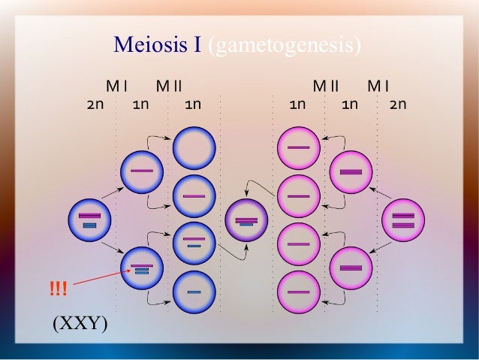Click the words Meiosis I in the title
pyautogui.click(x=157, y=45)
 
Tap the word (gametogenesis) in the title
pyautogui.click(x=285, y=45)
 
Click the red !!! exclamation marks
pyautogui.click(x=58, y=287)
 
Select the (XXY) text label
pyautogui.click(x=80, y=324)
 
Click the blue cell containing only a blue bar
pyautogui.click(x=194, y=292)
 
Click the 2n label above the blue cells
pyautogui.click(x=95, y=104)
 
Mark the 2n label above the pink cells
pyautogui.click(x=398, y=104)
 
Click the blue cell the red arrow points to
pyautogui.click(x=142, y=268)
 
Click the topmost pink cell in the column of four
pyautogui.click(x=299, y=148)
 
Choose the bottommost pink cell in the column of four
pyautogui.click(x=299, y=292)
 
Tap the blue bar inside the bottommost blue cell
pyautogui.click(x=194, y=292)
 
